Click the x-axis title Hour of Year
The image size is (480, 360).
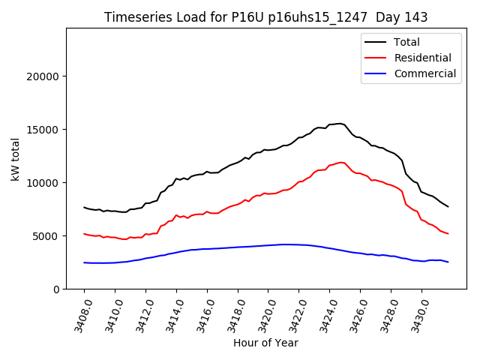[x=265, y=343]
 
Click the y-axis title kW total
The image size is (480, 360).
[x=16, y=158]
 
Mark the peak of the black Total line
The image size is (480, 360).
[x=340, y=123]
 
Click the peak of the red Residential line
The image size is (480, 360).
[x=341, y=162]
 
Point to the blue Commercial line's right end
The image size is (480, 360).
[x=448, y=262]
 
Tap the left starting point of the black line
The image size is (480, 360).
[x=84, y=207]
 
